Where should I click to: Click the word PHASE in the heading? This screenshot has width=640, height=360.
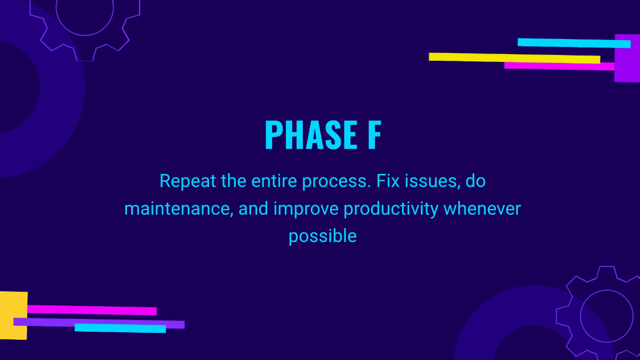pos(311,135)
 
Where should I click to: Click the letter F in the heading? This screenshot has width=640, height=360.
pos(374,135)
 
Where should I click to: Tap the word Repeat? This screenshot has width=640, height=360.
pos(187,181)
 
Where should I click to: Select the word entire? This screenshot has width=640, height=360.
pos(274,181)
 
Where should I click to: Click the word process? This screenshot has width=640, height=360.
pos(337,182)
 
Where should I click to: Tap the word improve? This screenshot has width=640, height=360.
pos(306,210)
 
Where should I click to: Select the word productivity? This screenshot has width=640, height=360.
pos(391,210)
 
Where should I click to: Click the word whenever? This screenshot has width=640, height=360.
pos(482,209)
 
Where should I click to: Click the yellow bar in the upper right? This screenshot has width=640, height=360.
pos(514,58)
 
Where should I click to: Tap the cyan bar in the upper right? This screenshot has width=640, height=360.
pos(574,43)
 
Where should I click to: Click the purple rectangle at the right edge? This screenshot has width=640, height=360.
pos(627,58)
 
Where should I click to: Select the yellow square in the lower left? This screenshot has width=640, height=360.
pos(14,315)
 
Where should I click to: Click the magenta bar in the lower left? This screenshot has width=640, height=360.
pos(92,310)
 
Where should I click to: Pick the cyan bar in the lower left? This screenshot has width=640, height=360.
pos(121,329)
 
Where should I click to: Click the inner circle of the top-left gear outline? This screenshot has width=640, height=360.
pos(85,35)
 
